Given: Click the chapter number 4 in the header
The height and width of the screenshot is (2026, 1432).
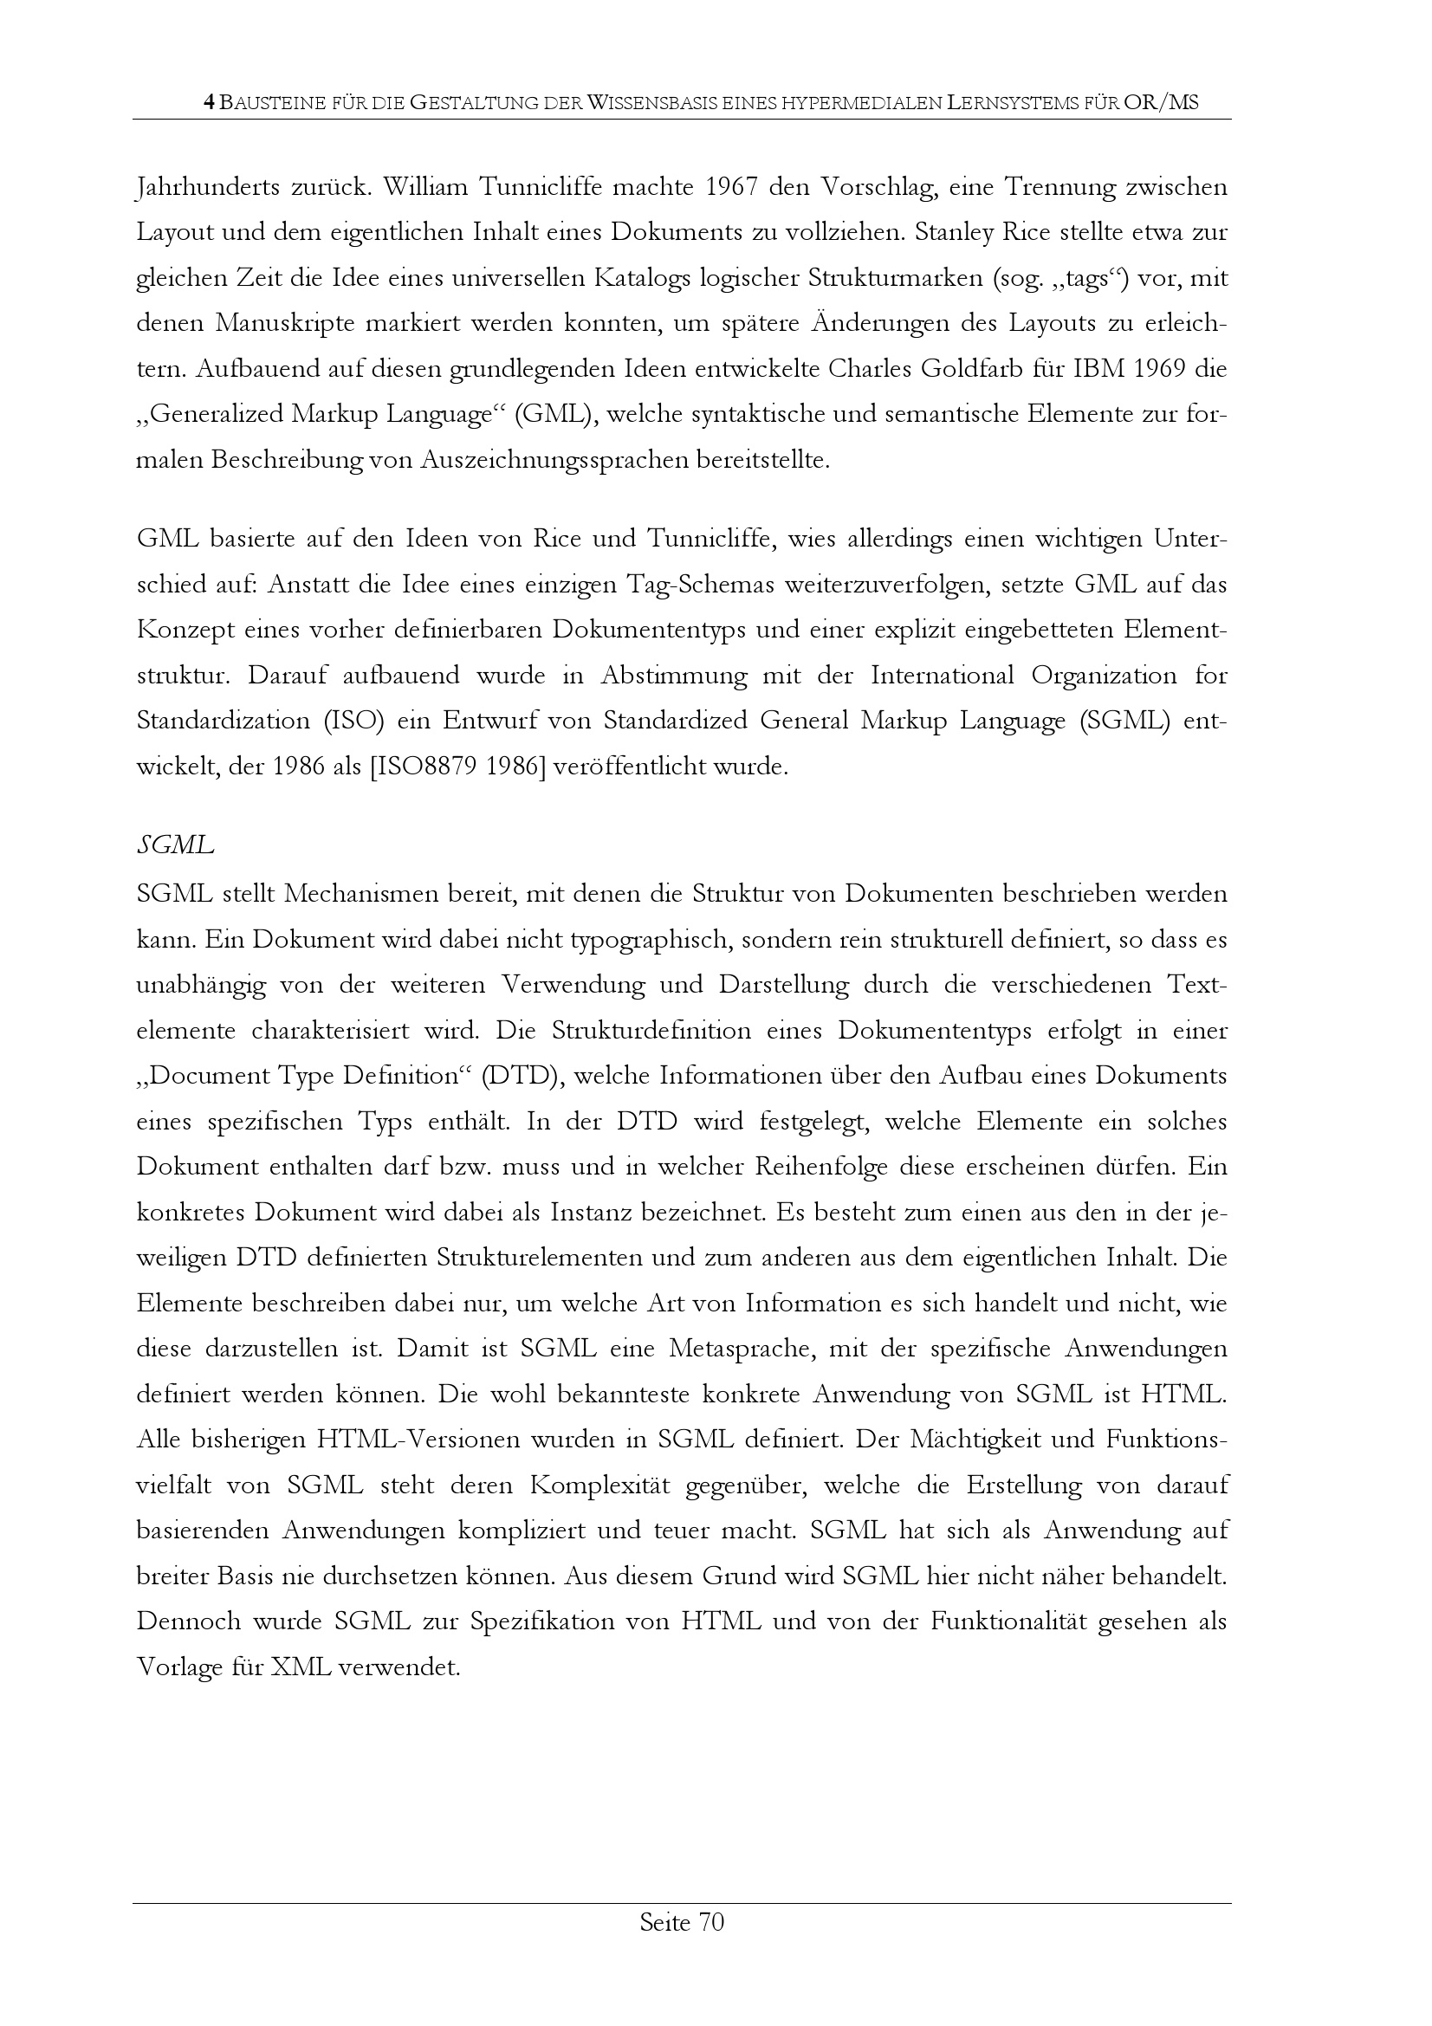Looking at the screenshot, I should [x=208, y=103].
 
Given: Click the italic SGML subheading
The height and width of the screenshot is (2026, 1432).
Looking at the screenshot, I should [x=175, y=846].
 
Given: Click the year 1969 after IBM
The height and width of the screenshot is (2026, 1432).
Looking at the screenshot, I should [x=1145, y=369].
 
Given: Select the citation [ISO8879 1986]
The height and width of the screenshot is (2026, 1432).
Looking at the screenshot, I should [x=457, y=766].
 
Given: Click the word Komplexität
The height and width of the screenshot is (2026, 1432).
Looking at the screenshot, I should [x=600, y=1486].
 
